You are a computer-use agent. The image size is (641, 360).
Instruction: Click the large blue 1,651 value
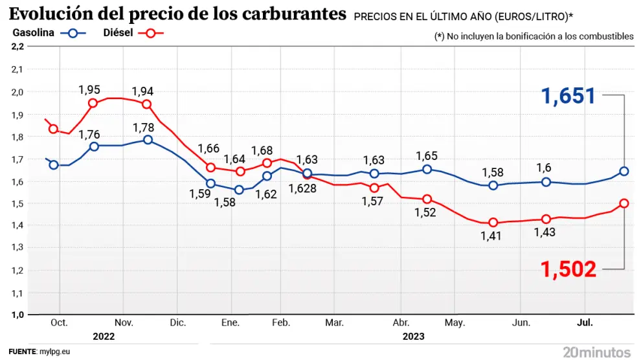pos(568,96)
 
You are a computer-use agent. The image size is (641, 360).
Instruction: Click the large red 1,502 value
pos(568,267)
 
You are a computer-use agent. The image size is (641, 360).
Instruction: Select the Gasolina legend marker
pos(74,34)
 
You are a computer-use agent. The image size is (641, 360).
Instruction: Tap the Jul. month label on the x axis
pos(585,322)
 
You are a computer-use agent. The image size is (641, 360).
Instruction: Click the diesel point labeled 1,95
pos(93,103)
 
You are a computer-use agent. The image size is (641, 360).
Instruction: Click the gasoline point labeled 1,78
pos(148,139)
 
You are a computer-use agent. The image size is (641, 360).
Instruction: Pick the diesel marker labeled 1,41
pos(493,223)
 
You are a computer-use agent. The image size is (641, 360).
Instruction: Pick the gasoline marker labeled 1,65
pos(427,169)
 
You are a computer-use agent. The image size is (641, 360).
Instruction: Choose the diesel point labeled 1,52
pos(427,199)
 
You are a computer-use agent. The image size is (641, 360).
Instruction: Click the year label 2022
pos(104,336)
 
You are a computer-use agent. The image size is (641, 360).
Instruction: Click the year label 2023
pos(413,336)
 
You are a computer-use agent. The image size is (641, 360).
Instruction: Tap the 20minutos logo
pos(596,352)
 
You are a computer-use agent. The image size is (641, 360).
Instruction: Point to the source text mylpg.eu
pos(54,352)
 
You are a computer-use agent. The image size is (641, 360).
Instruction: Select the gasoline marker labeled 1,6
pos(546,182)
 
